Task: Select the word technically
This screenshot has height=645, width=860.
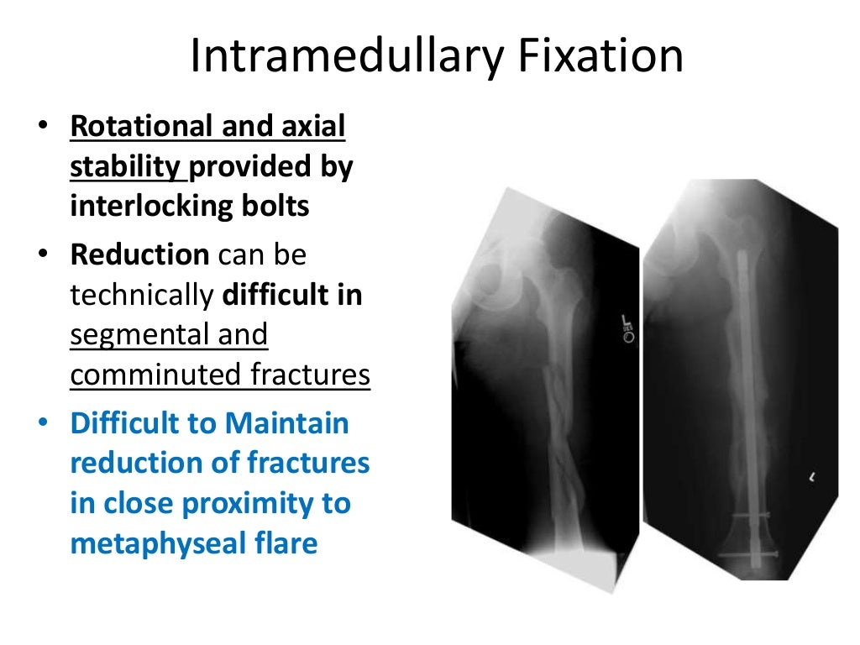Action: [140, 295]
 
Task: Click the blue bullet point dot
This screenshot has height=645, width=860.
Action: [43, 423]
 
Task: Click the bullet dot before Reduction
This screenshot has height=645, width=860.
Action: [43, 255]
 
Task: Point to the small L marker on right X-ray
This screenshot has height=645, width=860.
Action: [812, 478]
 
